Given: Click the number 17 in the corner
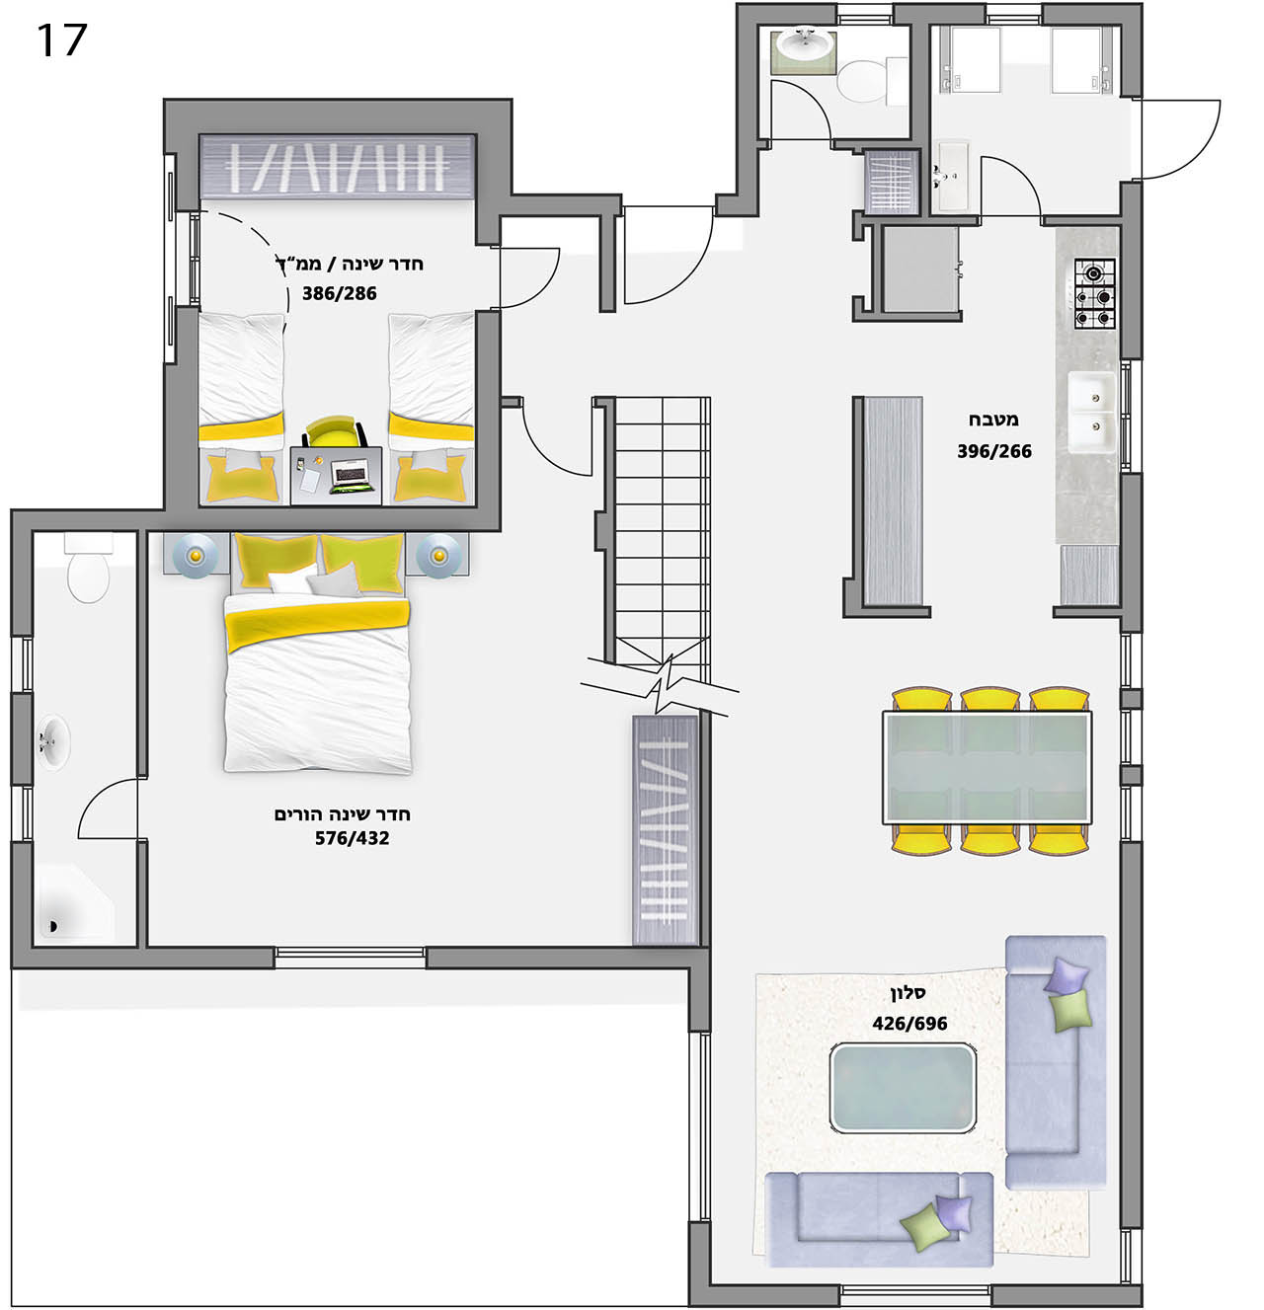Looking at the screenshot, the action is tap(61, 39).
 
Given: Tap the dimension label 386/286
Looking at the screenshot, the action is tap(339, 293).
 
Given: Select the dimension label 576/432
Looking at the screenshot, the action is tap(352, 838).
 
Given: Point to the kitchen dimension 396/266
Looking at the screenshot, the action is tap(994, 451).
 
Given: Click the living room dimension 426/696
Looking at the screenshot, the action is tap(909, 1024).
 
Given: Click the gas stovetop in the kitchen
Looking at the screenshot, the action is tap(1093, 293).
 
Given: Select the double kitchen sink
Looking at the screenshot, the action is tap(1091, 411).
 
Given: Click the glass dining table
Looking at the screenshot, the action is tap(987, 768).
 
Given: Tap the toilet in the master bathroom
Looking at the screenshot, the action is tap(88, 568).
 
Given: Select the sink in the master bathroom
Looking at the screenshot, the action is tap(52, 741).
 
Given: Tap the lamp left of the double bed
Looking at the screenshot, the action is tap(196, 556).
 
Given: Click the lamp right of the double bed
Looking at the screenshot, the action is tap(439, 556).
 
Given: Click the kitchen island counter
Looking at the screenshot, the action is tap(893, 501).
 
